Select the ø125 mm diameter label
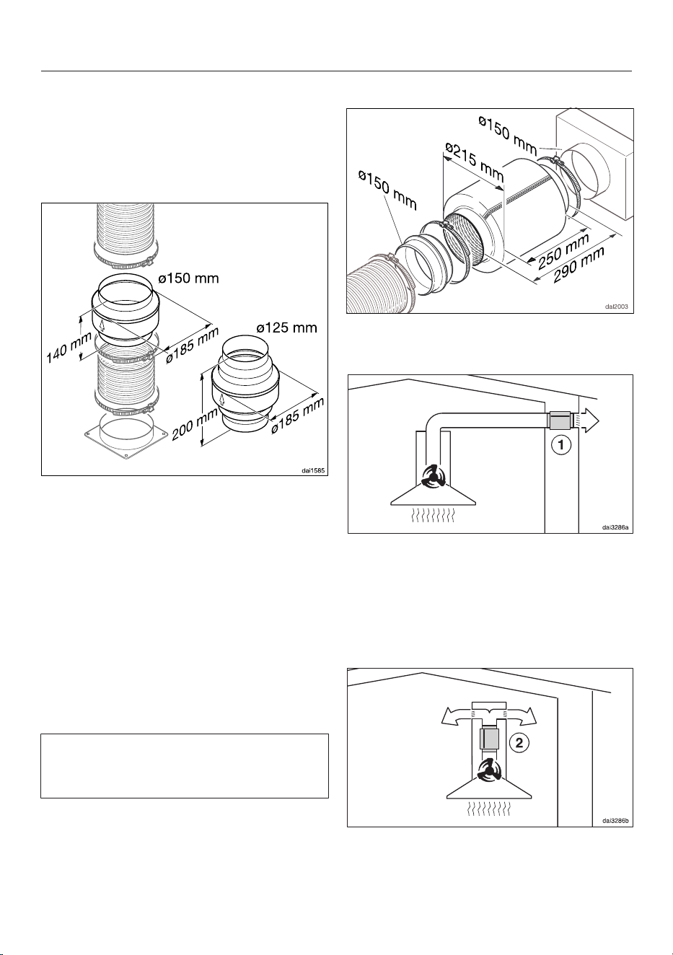click(x=286, y=328)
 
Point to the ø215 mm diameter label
click(x=474, y=163)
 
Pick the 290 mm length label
click(x=579, y=265)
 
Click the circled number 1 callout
click(x=561, y=445)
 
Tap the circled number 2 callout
click(x=519, y=743)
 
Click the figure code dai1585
click(x=312, y=471)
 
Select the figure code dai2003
click(x=617, y=307)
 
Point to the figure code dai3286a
click(x=615, y=527)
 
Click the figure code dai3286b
click(x=615, y=821)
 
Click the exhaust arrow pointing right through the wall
click(x=589, y=421)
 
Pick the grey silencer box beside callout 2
click(x=489, y=739)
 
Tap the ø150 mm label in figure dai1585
click(x=188, y=278)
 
